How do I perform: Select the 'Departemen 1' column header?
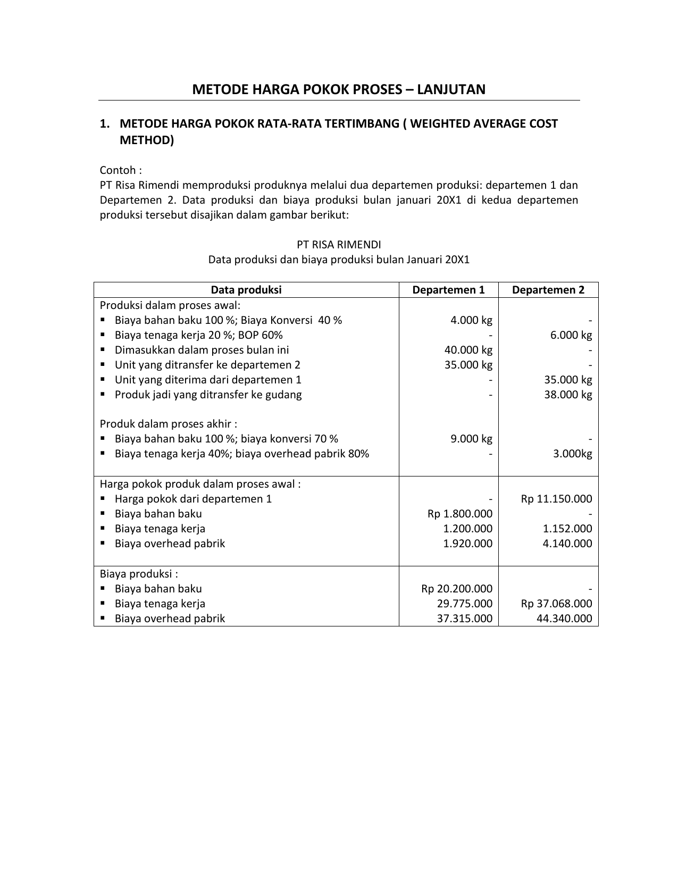[x=448, y=290]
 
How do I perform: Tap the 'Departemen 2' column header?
[x=548, y=290]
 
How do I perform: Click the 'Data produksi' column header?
[x=246, y=290]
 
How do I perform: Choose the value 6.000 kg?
[x=571, y=335]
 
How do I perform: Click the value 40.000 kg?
[x=468, y=350]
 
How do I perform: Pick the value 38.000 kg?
[x=568, y=395]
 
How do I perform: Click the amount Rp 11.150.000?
[x=556, y=499]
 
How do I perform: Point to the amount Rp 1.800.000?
[x=460, y=514]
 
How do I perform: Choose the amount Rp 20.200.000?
[x=457, y=589]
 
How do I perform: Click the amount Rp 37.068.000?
[x=556, y=604]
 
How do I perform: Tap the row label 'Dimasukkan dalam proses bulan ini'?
[x=202, y=350]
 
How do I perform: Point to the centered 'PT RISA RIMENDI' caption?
[x=339, y=245]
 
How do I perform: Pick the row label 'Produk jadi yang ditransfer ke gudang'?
[x=208, y=395]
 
